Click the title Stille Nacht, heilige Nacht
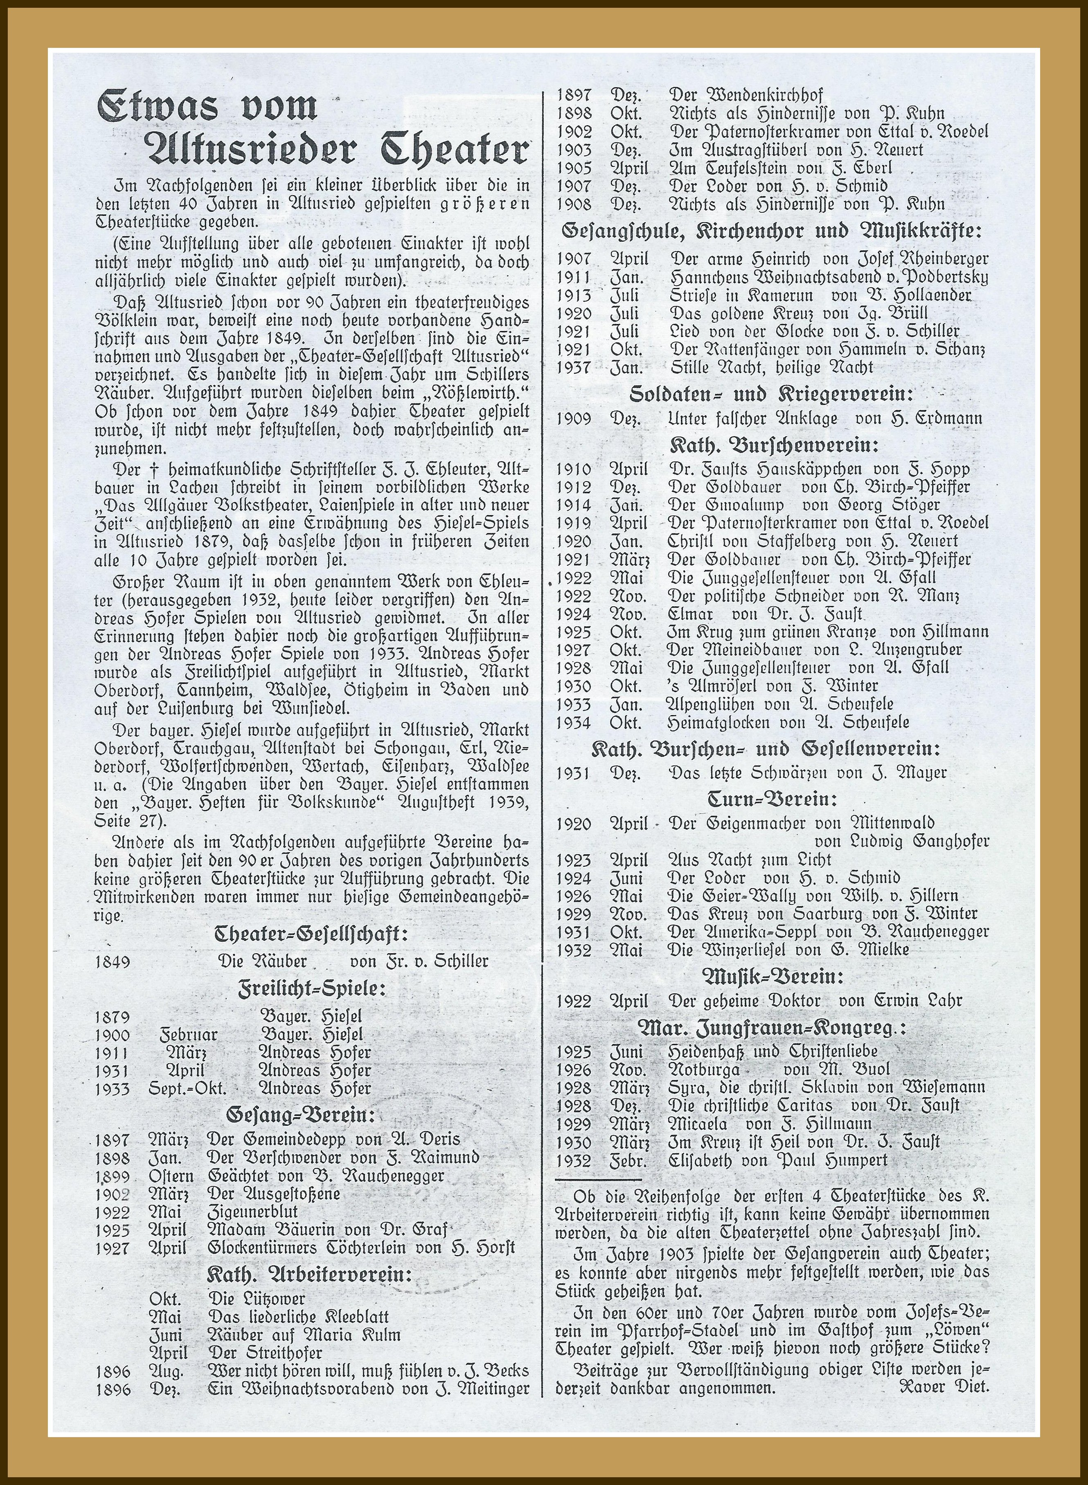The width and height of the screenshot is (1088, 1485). [x=770, y=367]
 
